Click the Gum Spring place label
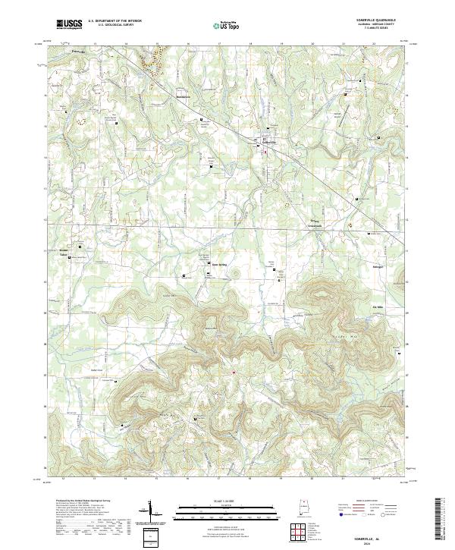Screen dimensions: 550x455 218,264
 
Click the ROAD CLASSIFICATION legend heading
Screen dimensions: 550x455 366,502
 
